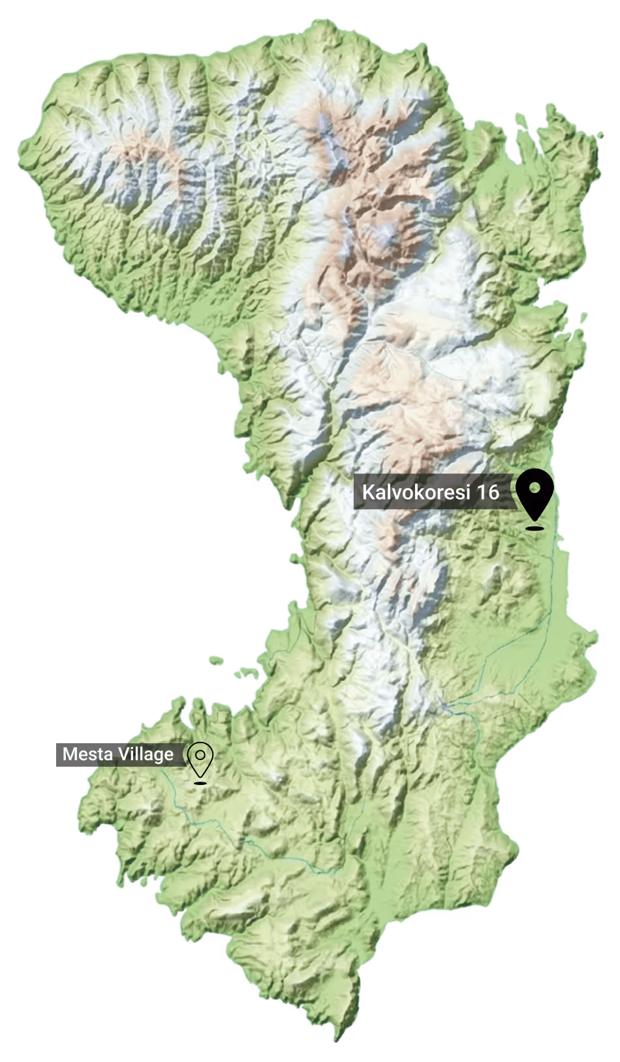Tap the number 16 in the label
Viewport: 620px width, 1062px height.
tap(488, 492)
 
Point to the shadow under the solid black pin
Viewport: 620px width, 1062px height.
tap(535, 527)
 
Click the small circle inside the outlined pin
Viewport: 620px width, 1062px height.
tap(200, 755)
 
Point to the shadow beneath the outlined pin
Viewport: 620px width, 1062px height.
tap(200, 781)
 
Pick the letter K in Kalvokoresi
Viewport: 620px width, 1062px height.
tap(367, 492)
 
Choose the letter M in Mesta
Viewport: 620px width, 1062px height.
tap(68, 755)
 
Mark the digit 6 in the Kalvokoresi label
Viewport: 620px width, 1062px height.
tap(493, 492)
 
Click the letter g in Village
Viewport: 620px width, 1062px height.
tap(159, 756)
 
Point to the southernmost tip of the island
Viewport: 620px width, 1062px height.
tap(337, 1039)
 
